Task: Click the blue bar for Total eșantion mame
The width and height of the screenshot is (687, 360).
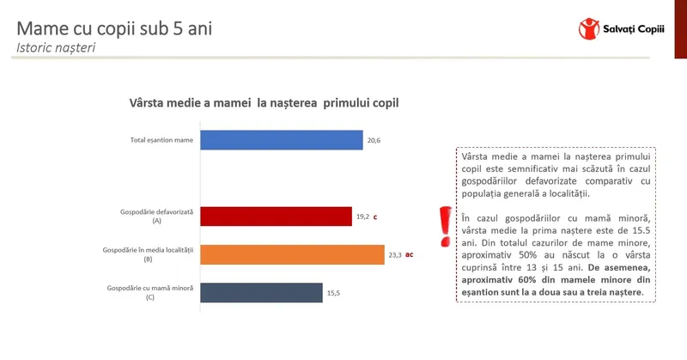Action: (x=282, y=140)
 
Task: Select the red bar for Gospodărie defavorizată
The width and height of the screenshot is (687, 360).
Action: (x=276, y=217)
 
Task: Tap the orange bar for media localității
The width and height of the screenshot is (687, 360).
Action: (x=292, y=255)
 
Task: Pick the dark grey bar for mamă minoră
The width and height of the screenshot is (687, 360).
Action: (x=262, y=293)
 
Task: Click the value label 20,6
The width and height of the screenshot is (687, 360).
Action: (x=374, y=140)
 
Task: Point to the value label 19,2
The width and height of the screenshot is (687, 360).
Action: (x=362, y=217)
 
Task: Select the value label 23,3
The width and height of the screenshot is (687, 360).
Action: (x=395, y=255)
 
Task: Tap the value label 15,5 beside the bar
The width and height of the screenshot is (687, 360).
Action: (x=333, y=293)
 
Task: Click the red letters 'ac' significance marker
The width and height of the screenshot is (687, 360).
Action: (x=410, y=255)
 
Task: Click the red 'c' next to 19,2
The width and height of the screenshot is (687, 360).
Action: (x=375, y=217)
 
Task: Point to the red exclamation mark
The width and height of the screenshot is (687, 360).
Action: (x=446, y=227)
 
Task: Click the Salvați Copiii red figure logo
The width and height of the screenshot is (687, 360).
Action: (x=589, y=29)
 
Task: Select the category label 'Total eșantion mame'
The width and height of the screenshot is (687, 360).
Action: (x=161, y=140)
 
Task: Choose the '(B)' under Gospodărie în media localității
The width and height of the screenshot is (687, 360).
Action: (x=148, y=259)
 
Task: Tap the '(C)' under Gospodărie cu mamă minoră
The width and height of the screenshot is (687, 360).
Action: (x=149, y=297)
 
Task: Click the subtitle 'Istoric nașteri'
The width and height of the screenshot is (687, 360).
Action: (x=56, y=48)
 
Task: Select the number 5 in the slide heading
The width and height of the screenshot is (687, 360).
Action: (x=178, y=29)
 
